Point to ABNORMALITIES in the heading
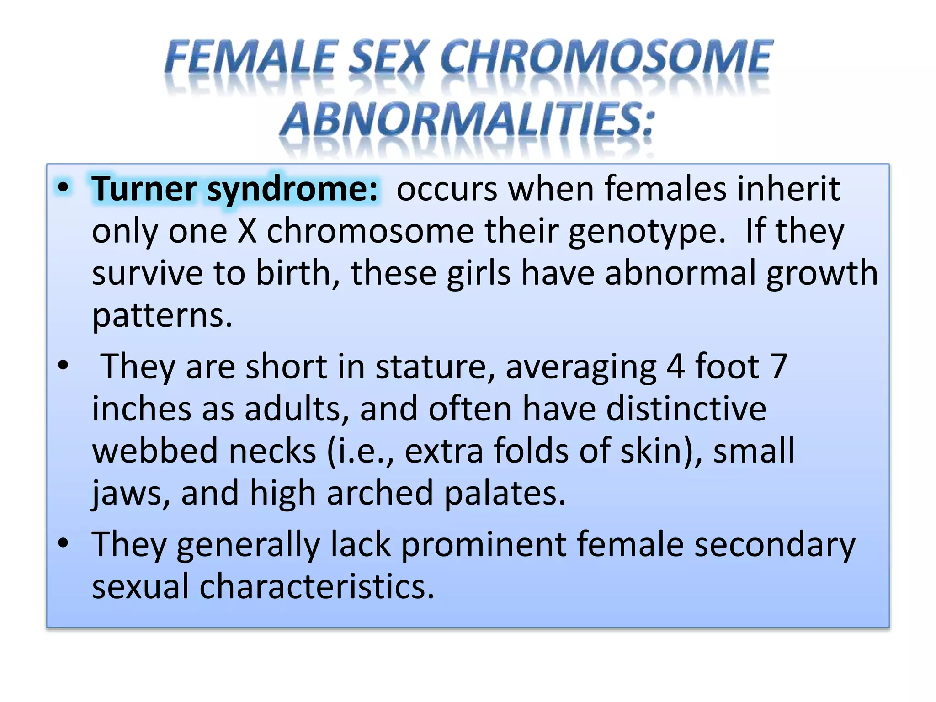point(468,120)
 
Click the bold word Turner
point(144,189)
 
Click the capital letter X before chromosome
point(247,231)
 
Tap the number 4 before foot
point(675,367)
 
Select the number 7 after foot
point(778,367)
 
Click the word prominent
point(484,544)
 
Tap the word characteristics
point(316,586)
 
